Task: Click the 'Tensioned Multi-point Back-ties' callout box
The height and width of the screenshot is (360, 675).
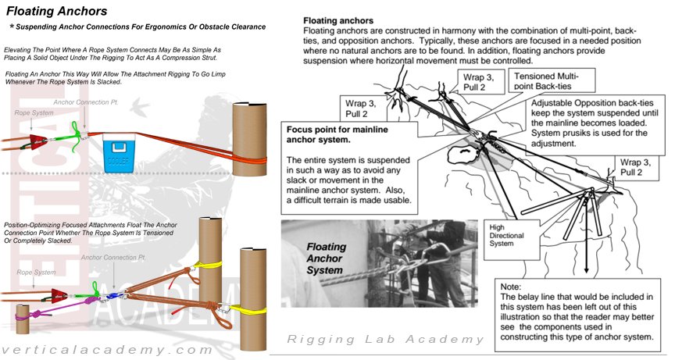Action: coord(555,80)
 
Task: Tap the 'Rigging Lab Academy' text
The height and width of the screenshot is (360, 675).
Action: coord(385,339)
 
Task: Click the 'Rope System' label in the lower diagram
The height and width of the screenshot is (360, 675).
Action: coord(33,272)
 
